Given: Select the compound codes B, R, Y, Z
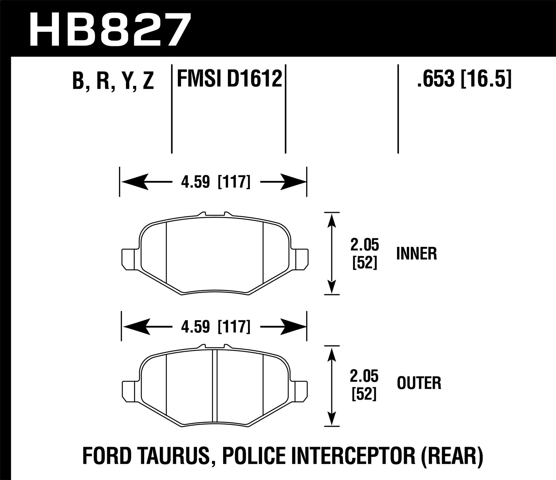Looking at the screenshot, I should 113,81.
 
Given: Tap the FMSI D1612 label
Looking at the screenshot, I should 229,78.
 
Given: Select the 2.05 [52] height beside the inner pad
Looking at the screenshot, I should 364,254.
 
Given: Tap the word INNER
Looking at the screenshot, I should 416,254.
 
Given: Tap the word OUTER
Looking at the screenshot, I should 419,383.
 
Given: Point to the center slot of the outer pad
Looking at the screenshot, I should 215,390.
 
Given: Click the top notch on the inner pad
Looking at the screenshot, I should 215,214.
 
